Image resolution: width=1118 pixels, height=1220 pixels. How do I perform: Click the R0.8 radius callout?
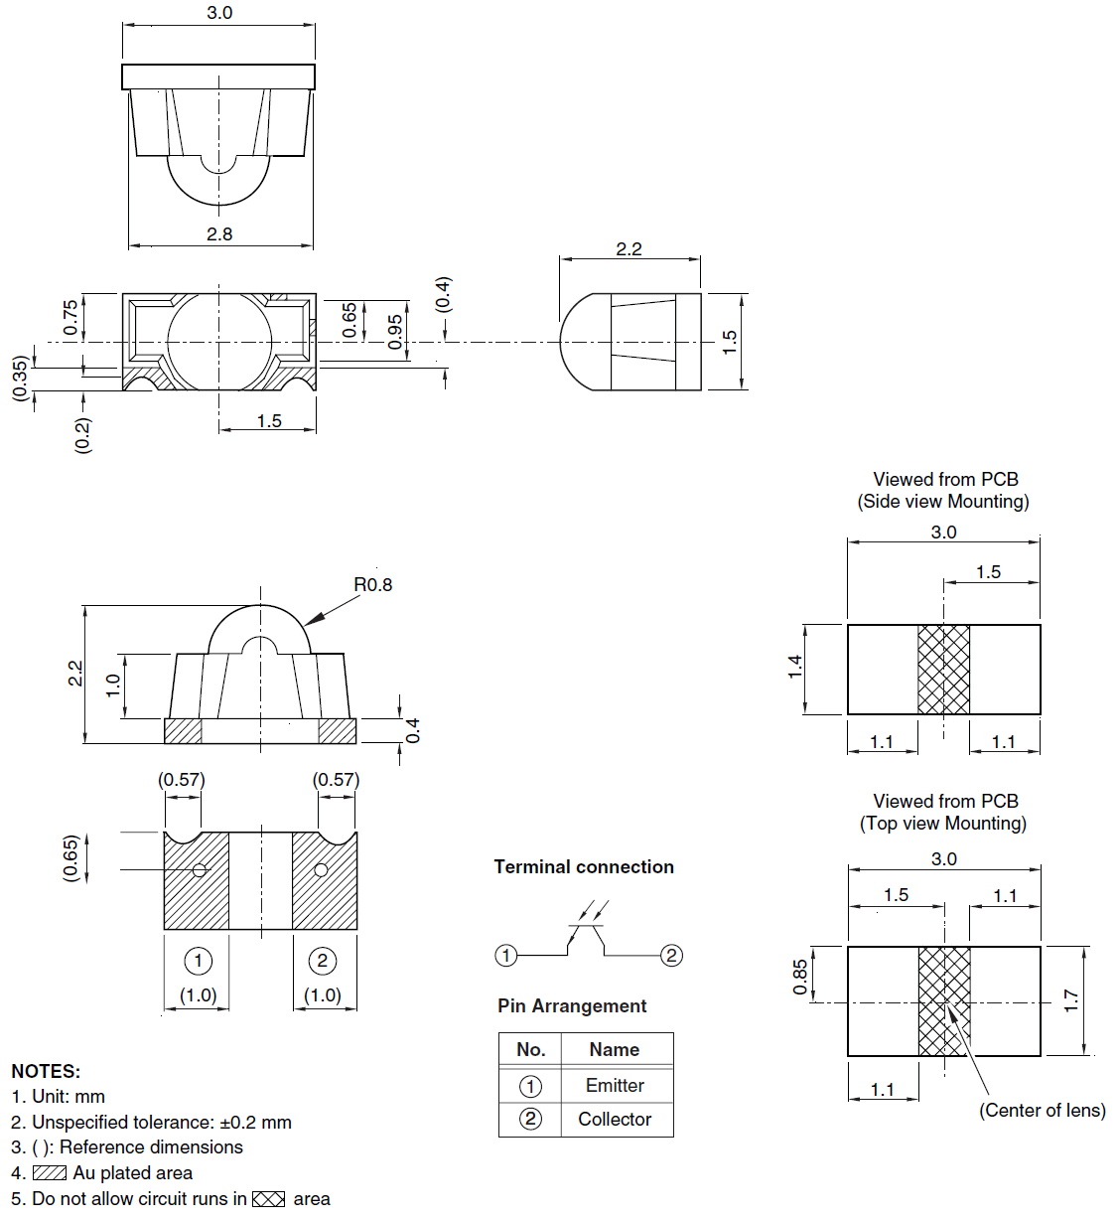[372, 585]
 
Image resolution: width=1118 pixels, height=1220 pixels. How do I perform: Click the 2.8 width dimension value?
[219, 234]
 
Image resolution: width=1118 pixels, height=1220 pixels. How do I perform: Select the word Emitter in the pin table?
[615, 1086]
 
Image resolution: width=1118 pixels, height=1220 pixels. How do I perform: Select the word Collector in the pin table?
[615, 1120]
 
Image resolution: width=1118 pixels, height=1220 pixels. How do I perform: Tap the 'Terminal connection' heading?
[584, 867]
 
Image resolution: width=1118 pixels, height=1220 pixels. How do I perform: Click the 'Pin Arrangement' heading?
[572, 1006]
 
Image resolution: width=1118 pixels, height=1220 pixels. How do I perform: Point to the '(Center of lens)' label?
[1042, 1111]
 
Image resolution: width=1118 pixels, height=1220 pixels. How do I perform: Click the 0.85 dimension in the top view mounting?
[800, 977]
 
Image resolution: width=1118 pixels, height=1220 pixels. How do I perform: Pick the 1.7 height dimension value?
[1070, 1000]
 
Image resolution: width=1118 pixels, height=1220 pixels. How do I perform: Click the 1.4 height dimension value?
[795, 668]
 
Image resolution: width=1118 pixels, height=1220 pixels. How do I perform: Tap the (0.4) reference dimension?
[443, 295]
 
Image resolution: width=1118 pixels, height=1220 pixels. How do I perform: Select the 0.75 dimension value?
[70, 318]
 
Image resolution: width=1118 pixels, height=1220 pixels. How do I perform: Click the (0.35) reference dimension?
[20, 379]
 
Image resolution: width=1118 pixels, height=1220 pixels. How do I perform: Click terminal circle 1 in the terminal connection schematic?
[506, 956]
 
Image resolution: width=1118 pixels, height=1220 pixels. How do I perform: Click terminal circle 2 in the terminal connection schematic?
[671, 956]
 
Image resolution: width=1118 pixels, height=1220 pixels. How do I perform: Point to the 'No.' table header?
[530, 1050]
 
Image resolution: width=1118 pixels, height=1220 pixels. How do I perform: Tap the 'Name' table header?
[614, 1050]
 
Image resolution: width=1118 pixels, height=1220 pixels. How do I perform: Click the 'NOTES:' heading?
[46, 1072]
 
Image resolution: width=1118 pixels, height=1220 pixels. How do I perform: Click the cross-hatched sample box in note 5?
[268, 1199]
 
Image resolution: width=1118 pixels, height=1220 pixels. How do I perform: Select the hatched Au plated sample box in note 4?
[50, 1173]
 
